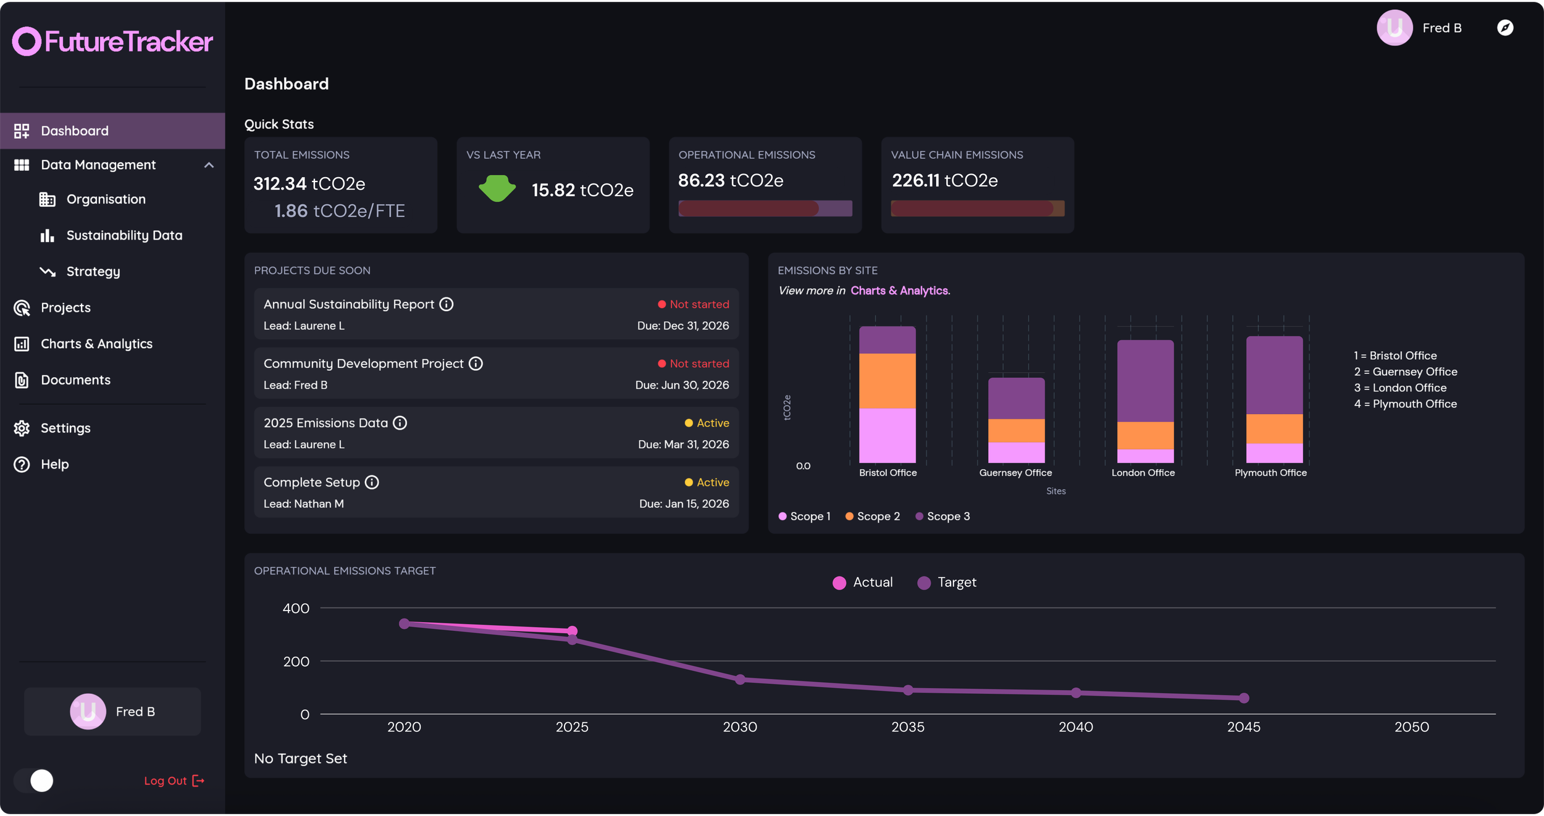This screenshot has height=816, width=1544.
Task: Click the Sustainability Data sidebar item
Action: [x=124, y=235]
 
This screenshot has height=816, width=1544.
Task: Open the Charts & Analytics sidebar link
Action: [x=96, y=344]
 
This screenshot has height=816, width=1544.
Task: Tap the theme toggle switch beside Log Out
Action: [x=35, y=781]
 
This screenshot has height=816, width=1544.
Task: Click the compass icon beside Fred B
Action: [x=1505, y=28]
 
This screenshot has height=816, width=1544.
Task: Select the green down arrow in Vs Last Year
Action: [x=497, y=188]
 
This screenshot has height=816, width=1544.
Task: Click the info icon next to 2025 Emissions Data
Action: [x=400, y=423]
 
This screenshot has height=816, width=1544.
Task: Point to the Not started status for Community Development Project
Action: [x=693, y=364]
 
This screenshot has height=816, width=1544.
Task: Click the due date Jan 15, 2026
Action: [x=684, y=504]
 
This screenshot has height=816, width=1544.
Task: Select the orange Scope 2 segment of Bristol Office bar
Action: [x=887, y=380]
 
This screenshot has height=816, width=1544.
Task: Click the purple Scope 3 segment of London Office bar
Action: [x=1145, y=380]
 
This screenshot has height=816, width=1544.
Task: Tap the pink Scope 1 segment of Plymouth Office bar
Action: [x=1274, y=453]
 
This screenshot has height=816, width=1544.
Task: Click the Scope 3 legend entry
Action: [x=942, y=517]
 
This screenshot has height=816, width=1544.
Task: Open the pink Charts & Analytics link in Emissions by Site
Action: [x=899, y=291]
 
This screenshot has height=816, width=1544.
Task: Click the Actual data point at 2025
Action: [x=572, y=631]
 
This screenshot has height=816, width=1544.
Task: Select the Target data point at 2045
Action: [x=1244, y=698]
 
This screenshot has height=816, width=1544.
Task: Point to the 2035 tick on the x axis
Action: [x=907, y=727]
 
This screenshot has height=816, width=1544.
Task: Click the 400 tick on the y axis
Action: [x=296, y=609]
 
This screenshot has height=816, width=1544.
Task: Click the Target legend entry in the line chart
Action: [x=947, y=583]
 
